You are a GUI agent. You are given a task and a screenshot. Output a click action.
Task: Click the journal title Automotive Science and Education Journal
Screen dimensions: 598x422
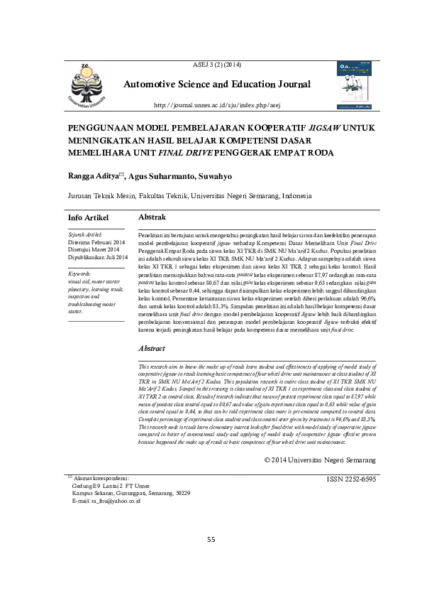[217, 85]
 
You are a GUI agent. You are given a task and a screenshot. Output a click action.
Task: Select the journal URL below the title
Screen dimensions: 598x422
[217, 106]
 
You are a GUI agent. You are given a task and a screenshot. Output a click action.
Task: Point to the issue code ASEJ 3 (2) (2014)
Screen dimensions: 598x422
[217, 65]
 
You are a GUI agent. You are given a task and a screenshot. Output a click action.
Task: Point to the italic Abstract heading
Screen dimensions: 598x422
[151, 349]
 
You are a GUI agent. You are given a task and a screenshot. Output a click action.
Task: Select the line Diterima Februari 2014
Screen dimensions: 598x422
[95, 241]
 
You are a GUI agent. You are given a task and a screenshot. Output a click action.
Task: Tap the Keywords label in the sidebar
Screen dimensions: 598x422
[83, 273]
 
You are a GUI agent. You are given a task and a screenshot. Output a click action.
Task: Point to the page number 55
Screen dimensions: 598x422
[211, 540]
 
